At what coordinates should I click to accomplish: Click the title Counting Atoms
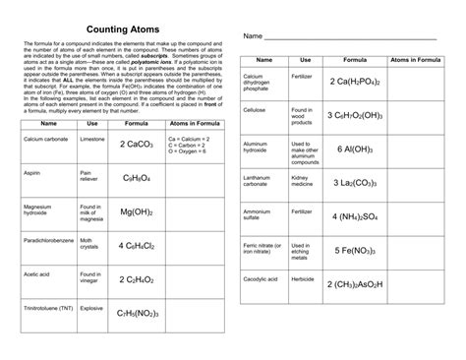pos(109,30)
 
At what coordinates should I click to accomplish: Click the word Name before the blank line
pos(253,36)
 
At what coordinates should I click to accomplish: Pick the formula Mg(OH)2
pos(139,211)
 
